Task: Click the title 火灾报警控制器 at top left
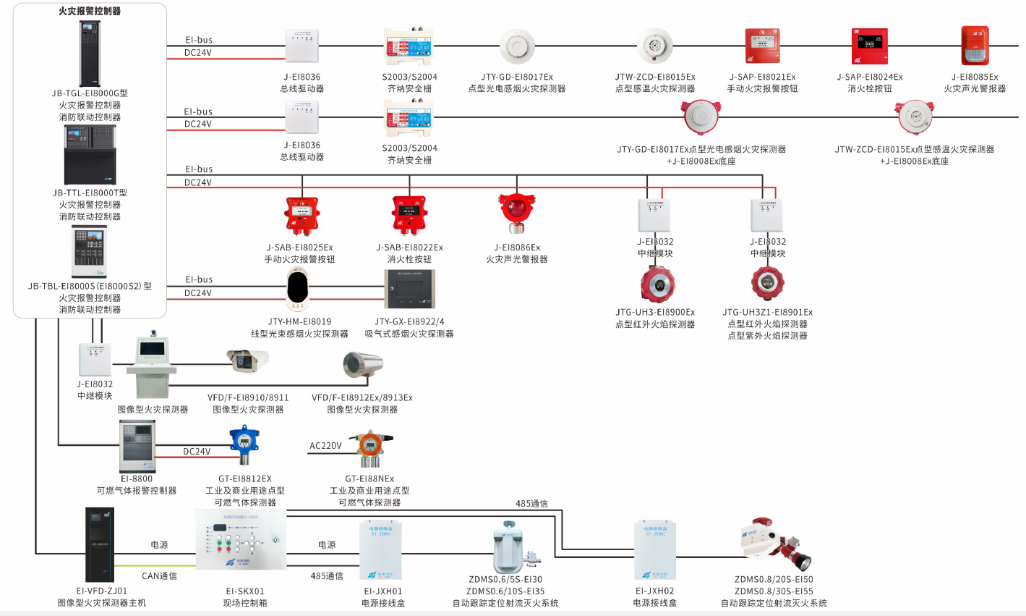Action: tap(90, 11)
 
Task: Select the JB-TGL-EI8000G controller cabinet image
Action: tap(90, 53)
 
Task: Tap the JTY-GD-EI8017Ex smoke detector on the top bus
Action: tap(516, 46)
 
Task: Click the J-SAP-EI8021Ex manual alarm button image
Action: tap(762, 46)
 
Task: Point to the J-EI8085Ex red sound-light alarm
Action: tap(974, 46)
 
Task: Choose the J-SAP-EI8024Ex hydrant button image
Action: tap(869, 46)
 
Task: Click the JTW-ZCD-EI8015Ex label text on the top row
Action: tap(655, 77)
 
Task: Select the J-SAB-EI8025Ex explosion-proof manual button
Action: tap(299, 215)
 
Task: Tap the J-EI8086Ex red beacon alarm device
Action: tap(516, 213)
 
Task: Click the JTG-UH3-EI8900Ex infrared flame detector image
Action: tap(655, 284)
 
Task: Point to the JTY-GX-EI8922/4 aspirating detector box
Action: tap(409, 290)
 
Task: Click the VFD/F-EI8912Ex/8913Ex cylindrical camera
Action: tap(362, 364)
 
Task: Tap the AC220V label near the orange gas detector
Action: tap(325, 446)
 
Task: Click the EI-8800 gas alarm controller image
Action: tap(137, 446)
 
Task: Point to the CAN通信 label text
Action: tap(159, 576)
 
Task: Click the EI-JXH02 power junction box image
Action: tap(655, 550)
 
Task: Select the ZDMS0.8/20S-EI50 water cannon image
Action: tap(777, 545)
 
